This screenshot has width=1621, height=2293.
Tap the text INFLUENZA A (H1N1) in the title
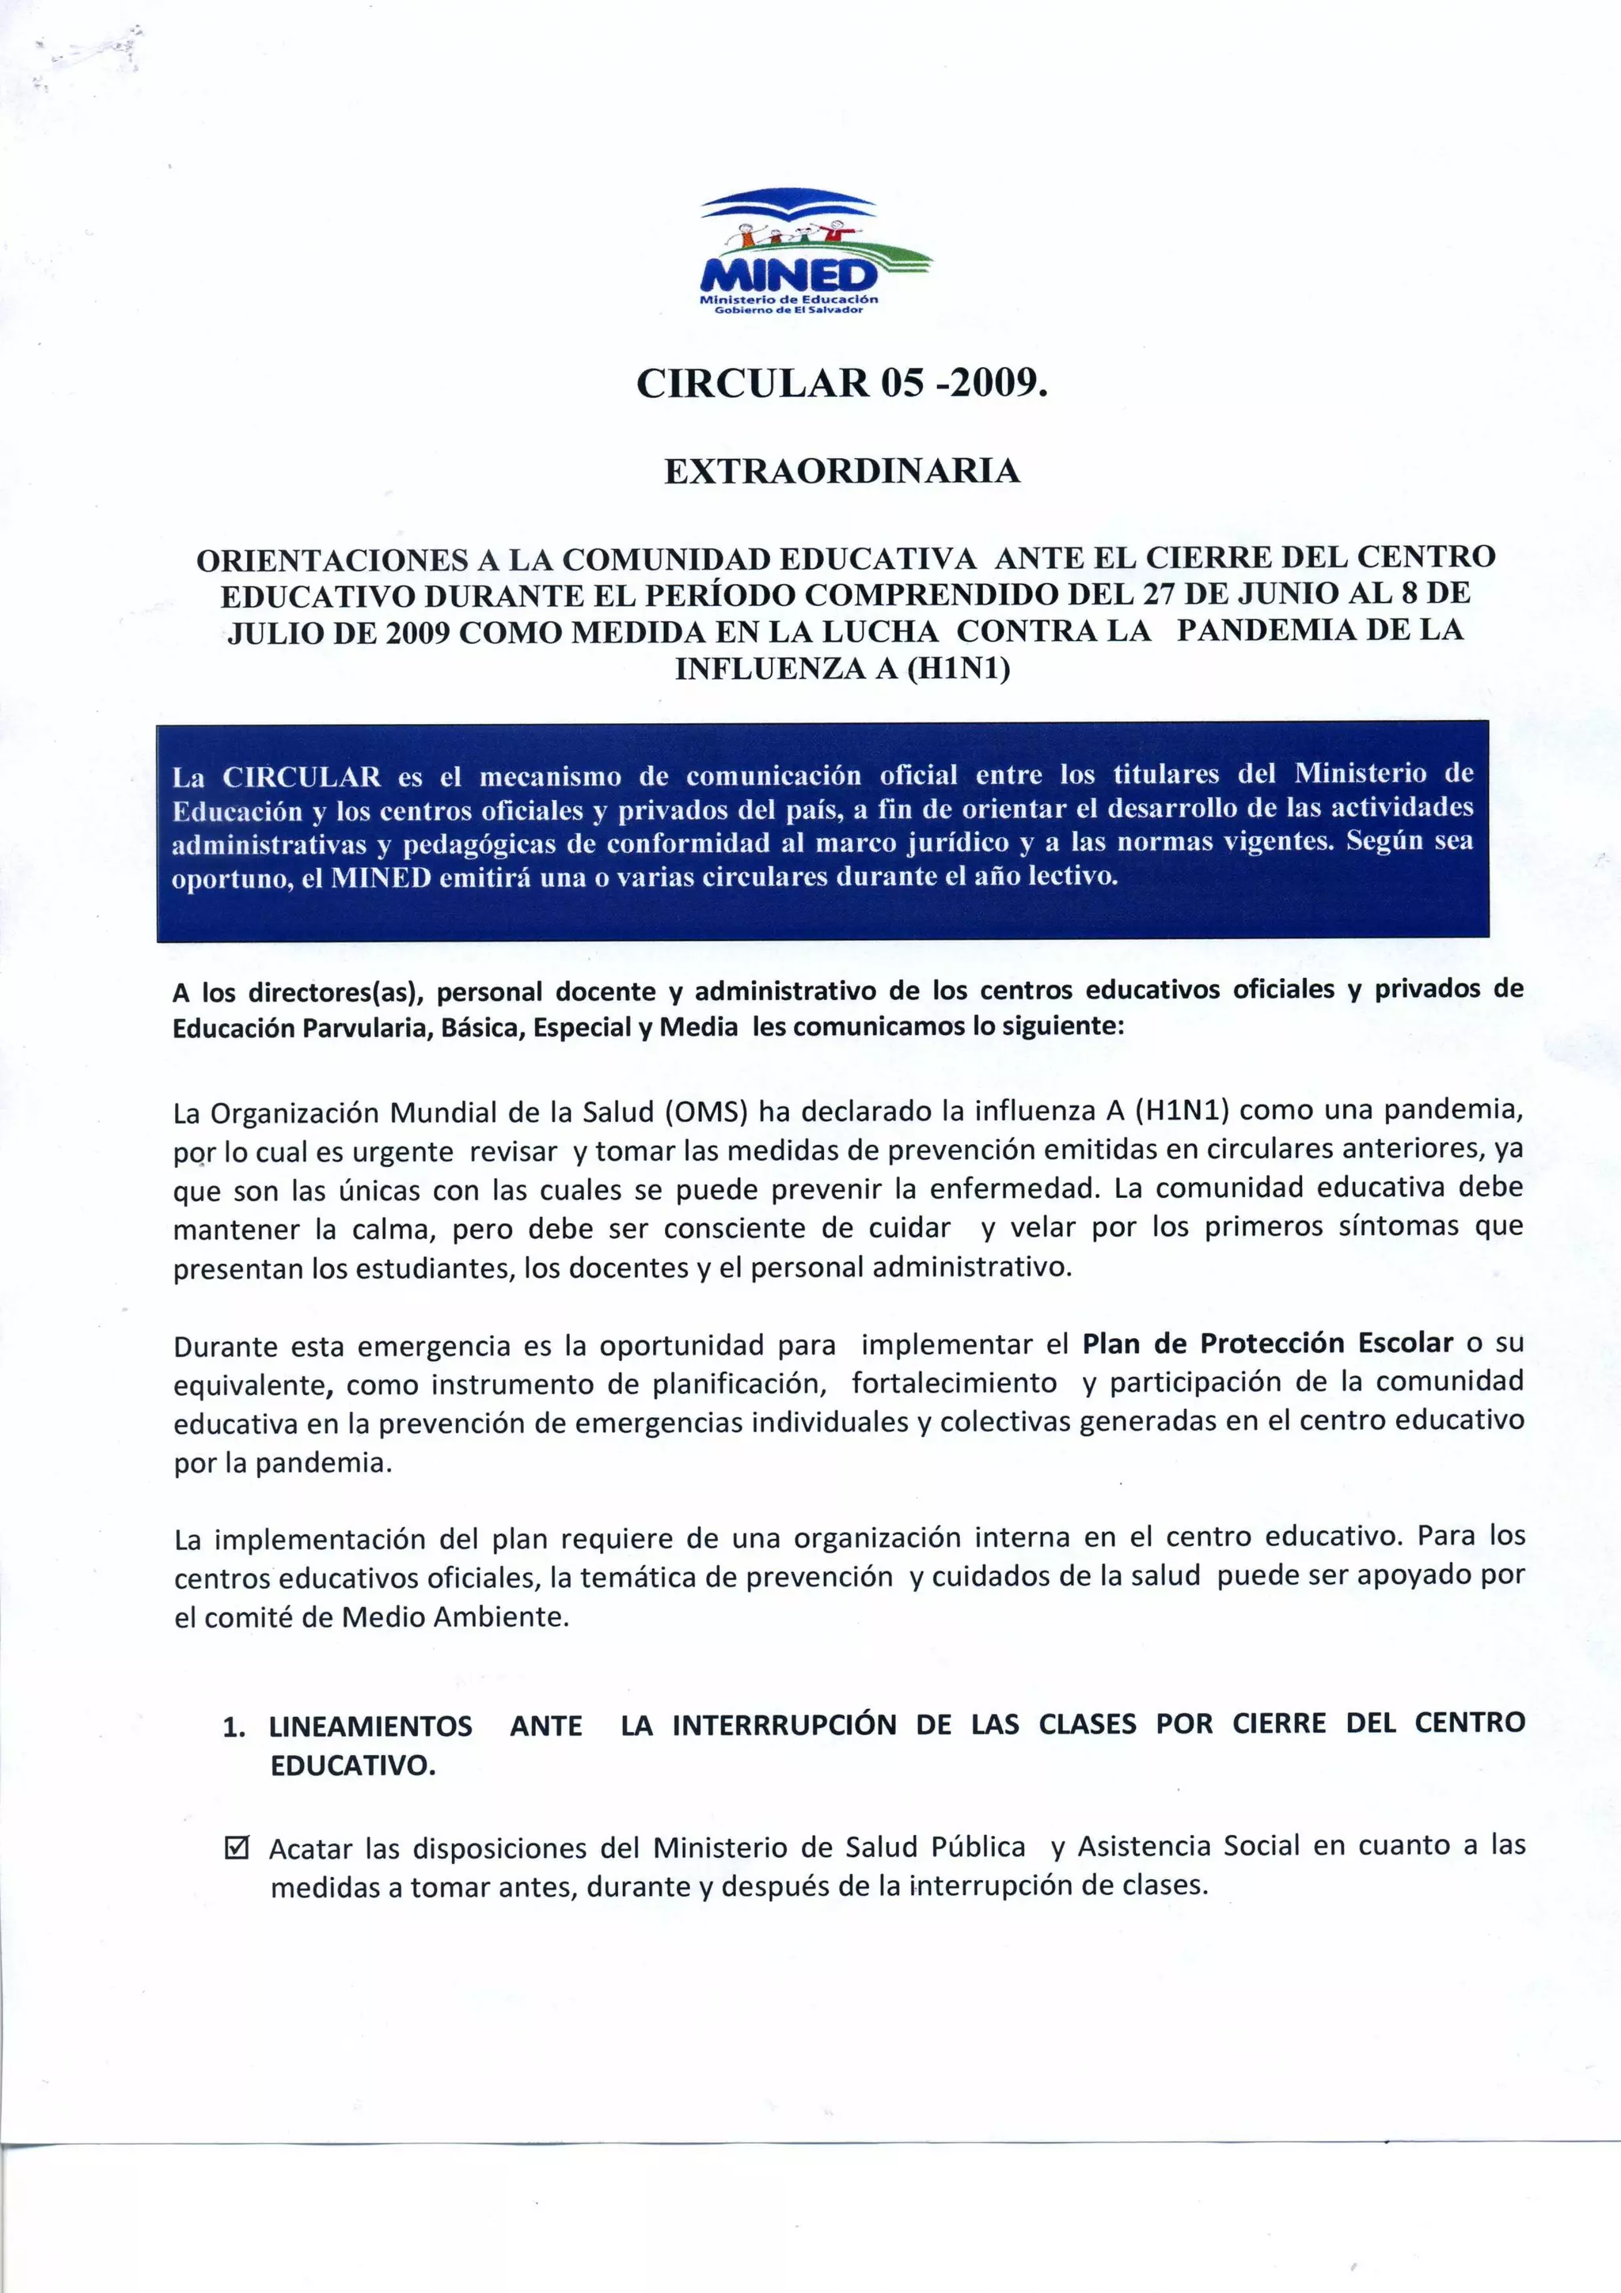842,668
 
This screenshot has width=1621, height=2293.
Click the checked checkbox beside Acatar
237,1847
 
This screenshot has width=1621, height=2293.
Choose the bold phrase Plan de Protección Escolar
1267,1344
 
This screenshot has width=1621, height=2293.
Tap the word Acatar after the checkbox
310,1848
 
